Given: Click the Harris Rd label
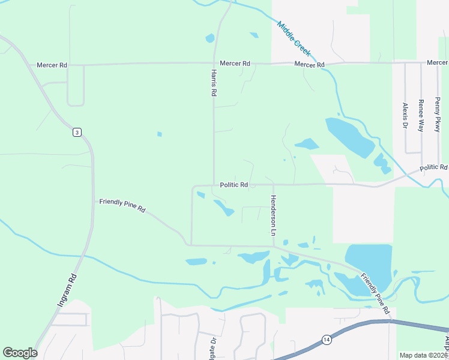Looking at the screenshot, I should coord(213,83).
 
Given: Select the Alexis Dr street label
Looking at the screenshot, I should coord(405,116).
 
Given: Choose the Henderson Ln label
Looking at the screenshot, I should coord(273,215).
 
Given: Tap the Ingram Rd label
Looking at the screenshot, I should coord(68,291).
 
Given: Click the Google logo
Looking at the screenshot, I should coord(20,353).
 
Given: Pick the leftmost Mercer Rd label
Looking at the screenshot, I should coord(52,65).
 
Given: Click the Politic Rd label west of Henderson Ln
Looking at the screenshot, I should coord(234,185).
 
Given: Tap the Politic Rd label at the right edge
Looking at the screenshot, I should coord(433,167).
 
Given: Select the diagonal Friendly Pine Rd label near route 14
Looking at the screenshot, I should coord(375,294).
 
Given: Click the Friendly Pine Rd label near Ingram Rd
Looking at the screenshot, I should coord(122,206).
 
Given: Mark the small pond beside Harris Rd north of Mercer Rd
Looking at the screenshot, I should coord(210,38).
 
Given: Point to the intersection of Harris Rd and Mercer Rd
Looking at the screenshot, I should coord(215,63).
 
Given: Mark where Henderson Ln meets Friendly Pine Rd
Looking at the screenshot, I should coord(273,245).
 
